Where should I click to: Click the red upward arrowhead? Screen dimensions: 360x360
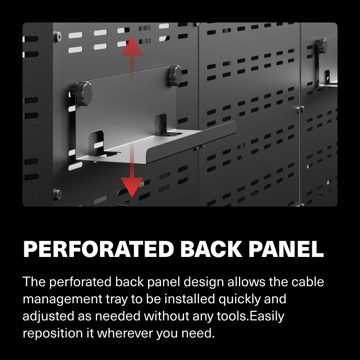pos(132,47)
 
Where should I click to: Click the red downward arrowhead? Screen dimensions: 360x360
pos(132,186)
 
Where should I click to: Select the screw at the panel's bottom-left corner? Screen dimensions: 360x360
pos(58,193)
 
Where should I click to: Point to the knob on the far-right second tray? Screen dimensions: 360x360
pos(322,45)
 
